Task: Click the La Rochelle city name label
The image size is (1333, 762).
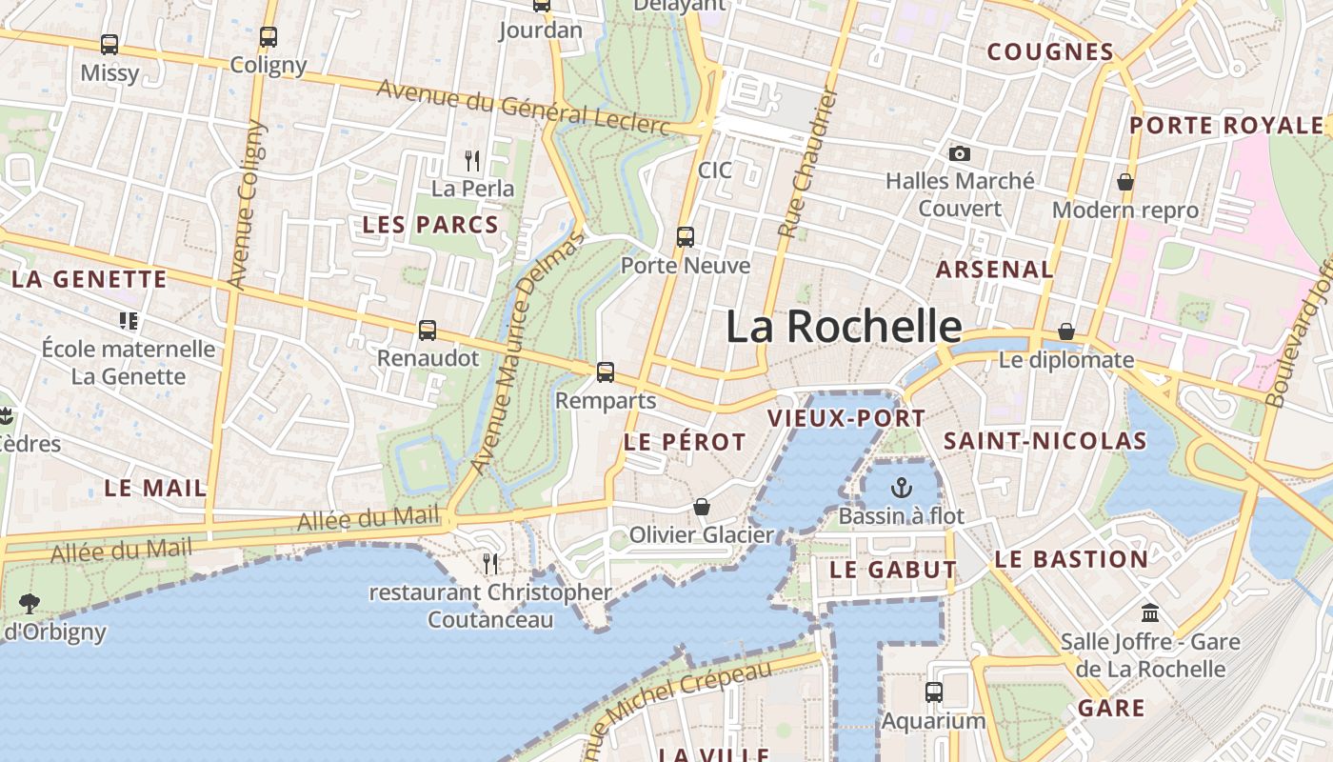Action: tap(844, 327)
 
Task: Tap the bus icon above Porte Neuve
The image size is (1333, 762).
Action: tap(685, 237)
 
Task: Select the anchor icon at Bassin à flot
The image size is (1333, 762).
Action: tap(901, 489)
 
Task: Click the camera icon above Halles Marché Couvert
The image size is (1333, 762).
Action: tap(960, 153)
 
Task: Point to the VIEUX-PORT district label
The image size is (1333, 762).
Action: tap(846, 418)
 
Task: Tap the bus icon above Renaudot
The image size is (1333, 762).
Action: tap(428, 331)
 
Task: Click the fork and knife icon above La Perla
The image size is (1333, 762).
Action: tap(471, 160)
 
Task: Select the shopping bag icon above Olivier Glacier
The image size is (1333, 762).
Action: tap(702, 507)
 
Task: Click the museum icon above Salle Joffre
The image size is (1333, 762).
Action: tap(1149, 612)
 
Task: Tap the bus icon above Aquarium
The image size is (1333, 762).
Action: tap(933, 692)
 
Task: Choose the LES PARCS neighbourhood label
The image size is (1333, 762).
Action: tap(430, 226)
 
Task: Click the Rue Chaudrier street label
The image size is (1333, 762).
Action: tap(806, 163)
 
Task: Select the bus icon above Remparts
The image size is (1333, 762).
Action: tap(606, 372)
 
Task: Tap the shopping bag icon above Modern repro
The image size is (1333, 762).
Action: tap(1124, 182)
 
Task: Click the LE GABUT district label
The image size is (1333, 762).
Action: tap(893, 571)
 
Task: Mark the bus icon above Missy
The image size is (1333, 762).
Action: tap(109, 45)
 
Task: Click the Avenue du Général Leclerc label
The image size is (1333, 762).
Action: tap(523, 108)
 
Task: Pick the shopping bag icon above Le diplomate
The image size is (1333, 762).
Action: tap(1065, 331)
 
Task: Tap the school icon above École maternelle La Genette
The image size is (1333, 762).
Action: tap(129, 320)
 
